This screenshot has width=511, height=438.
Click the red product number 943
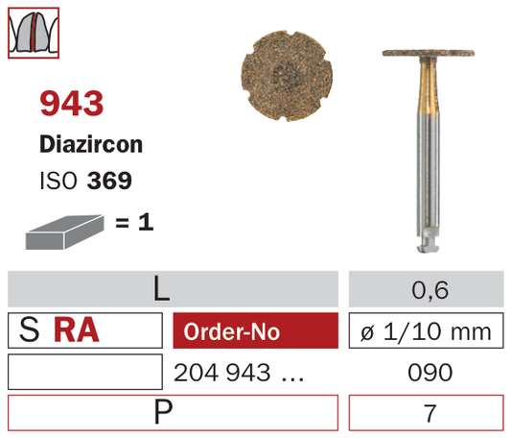(71, 104)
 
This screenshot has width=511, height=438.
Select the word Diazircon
(91, 144)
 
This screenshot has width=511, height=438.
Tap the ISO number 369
(109, 181)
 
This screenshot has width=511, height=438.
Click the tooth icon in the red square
(34, 33)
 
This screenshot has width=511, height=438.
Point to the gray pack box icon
(64, 231)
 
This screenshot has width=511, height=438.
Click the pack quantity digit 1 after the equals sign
(146, 223)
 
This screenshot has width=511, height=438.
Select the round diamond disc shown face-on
(287, 76)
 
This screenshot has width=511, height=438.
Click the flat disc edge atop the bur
(429, 53)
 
